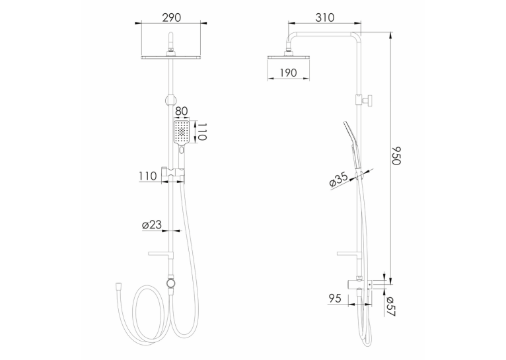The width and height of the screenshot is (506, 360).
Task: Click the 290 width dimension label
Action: click(x=171, y=17)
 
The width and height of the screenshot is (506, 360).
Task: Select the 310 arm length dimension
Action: click(x=324, y=17)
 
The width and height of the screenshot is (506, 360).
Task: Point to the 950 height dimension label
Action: click(x=396, y=155)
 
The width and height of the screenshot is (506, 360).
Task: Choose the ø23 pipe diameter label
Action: click(x=152, y=225)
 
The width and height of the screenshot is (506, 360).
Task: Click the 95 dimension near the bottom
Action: click(x=335, y=299)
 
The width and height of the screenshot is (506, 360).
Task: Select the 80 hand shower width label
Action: click(x=181, y=111)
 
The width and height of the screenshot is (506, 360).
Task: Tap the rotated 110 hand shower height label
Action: click(x=201, y=131)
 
